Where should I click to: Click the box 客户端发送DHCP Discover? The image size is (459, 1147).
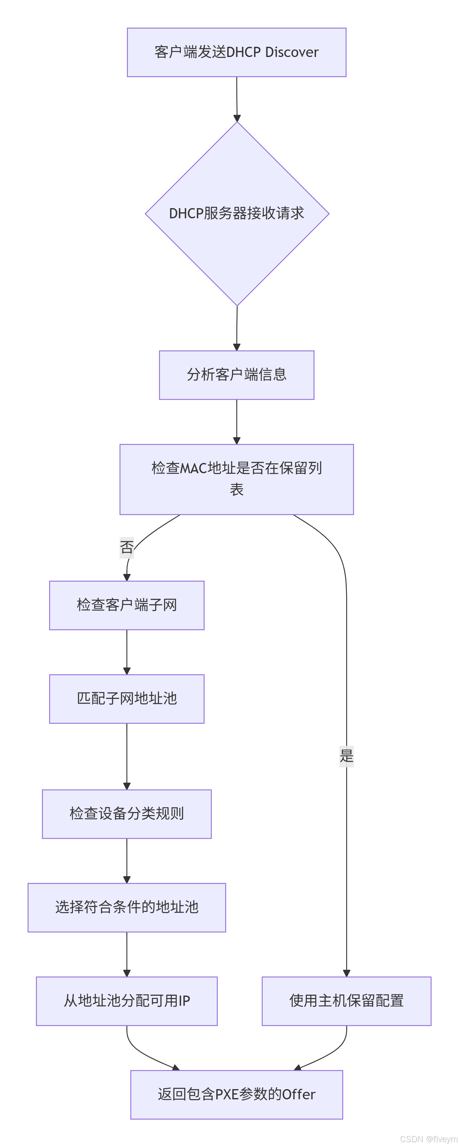pos(236,52)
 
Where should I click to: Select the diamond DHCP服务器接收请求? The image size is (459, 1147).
pos(237,214)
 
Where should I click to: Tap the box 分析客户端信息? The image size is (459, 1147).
pos(236,375)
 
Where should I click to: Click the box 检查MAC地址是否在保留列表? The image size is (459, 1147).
pos(236,479)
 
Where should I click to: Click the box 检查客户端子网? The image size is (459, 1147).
pos(127,605)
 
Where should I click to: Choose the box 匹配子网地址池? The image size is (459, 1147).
pos(127,699)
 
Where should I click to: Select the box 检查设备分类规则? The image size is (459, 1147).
pos(127,814)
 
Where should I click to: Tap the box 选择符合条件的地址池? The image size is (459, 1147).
pos(127,907)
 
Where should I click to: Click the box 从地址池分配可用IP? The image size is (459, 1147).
pos(127,1001)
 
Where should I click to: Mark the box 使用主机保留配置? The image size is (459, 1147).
pos(346,1001)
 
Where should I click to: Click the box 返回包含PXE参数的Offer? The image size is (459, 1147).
pos(236,1095)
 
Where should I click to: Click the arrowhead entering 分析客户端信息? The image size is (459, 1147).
pos(237,347)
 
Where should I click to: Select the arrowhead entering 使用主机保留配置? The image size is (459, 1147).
pos(346,973)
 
